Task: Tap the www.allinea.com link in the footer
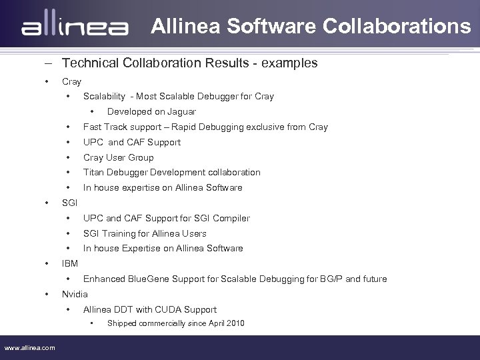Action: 30,347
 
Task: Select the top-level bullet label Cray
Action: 71,81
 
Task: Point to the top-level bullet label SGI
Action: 69,203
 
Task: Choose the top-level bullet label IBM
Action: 69,264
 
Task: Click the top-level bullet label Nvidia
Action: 75,294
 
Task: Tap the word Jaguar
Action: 182,111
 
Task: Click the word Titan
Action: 93,172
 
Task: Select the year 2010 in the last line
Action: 235,323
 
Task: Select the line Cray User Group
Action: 118,157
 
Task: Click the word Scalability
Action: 104,96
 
